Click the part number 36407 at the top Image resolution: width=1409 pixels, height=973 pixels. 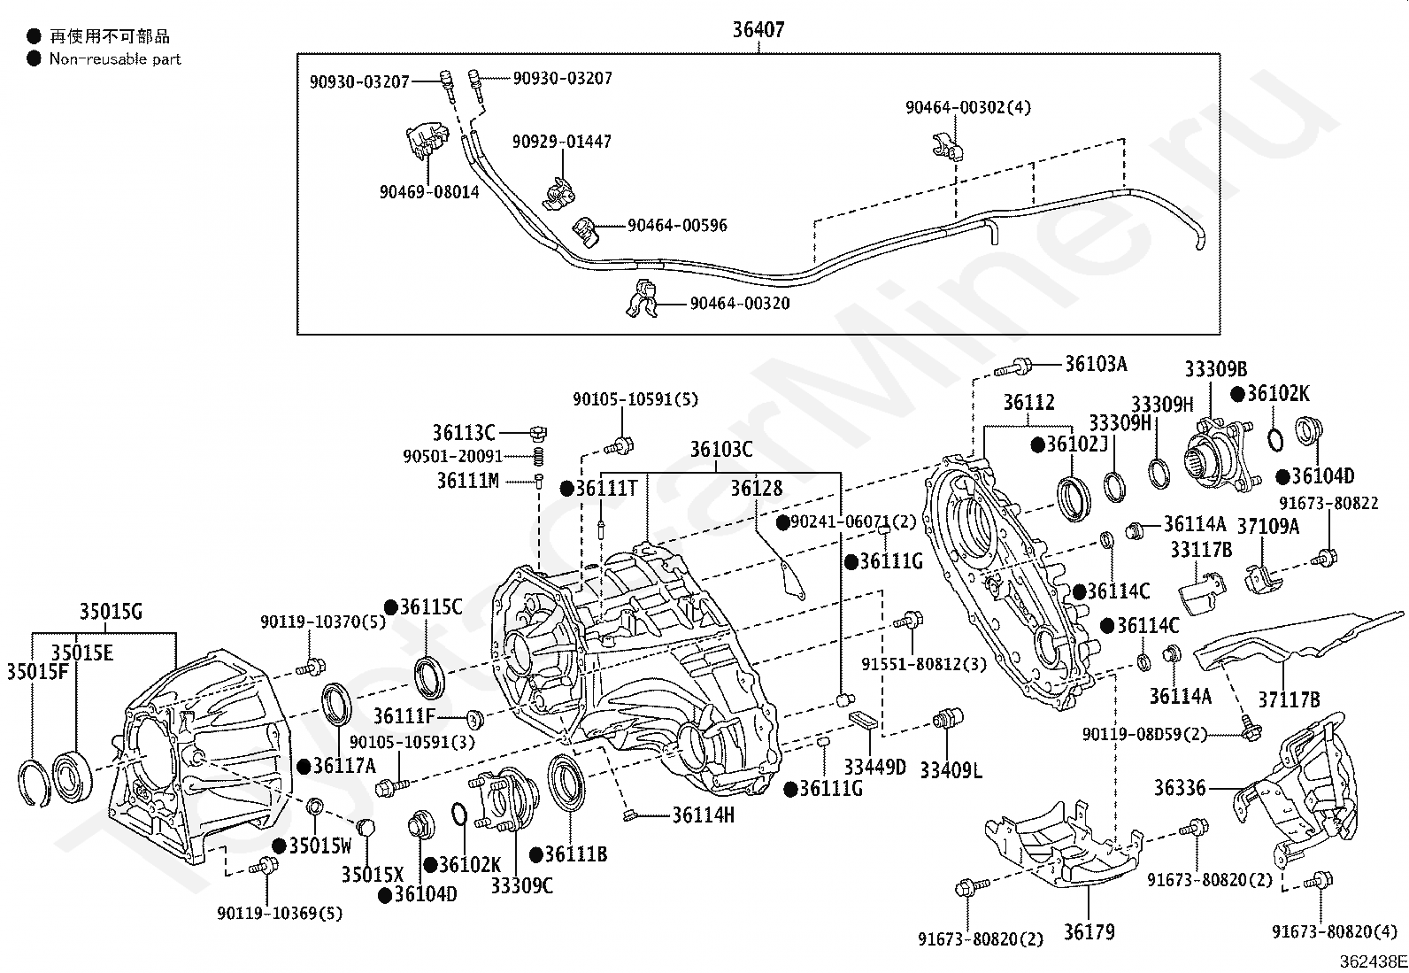click(x=758, y=31)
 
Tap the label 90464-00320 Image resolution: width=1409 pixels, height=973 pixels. click(x=740, y=304)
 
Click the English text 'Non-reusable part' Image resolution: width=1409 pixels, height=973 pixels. click(x=115, y=59)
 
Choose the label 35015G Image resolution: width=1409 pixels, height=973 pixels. click(x=111, y=611)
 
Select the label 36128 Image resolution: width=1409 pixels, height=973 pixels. click(x=756, y=489)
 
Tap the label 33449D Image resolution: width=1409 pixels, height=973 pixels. click(x=874, y=767)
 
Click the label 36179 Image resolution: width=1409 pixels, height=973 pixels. click(x=1089, y=931)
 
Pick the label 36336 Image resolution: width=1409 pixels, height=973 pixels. click(x=1180, y=786)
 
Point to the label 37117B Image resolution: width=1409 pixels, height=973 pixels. click(x=1290, y=699)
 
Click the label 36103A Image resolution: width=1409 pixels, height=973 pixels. click(x=1096, y=364)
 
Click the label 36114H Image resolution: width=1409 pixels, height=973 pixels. click(x=703, y=815)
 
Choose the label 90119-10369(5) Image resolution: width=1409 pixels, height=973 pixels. click(x=280, y=913)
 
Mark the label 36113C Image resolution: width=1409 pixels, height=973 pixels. click(x=463, y=433)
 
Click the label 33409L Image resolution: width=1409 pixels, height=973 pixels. click(x=951, y=770)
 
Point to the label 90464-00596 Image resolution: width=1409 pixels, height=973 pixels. click(x=677, y=226)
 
